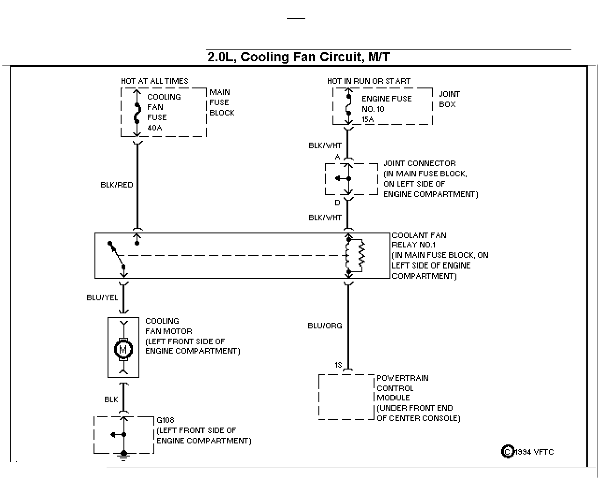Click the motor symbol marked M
pos(123,349)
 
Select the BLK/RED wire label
pos(117,185)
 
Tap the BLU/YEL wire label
pos(102,298)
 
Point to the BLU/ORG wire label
pos(324,326)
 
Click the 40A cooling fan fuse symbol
pos(137,113)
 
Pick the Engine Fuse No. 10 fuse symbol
pos(348,105)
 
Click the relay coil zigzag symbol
pos(361,255)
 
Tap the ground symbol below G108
pos(123,456)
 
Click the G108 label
pos(166,420)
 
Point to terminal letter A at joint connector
pos(338,157)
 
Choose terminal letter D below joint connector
pos(338,203)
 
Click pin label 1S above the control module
pos(338,365)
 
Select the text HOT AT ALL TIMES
pos(154,81)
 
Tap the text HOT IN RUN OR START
pos(368,81)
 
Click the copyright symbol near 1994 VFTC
pos(508,451)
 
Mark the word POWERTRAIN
pos(403,378)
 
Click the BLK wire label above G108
pos(111,399)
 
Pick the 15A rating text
pos(367,120)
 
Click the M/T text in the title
pos(379,57)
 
